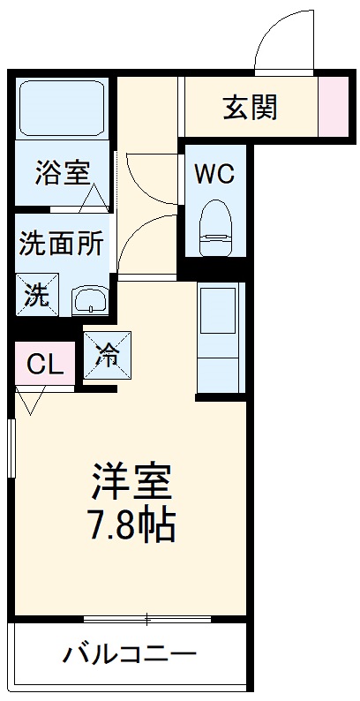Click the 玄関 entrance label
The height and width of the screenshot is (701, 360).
250,107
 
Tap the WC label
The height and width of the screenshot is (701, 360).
214,174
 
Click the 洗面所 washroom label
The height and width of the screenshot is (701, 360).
61,244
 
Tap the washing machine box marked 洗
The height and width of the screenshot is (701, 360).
37,295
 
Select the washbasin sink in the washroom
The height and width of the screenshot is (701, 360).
90,300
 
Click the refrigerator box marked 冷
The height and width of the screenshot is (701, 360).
107,355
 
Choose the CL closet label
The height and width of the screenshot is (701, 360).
44,365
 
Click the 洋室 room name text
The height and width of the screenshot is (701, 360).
132,482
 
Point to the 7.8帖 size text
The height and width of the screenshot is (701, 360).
132,526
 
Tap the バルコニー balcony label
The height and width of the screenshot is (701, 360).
129,656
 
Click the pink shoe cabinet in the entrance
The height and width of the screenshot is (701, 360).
334,107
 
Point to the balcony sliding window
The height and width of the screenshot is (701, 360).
148,618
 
